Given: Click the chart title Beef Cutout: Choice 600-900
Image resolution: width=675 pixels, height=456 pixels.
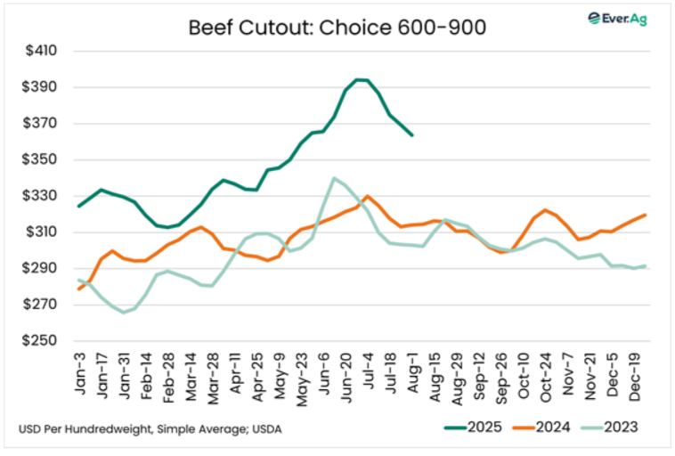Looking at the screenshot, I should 337,27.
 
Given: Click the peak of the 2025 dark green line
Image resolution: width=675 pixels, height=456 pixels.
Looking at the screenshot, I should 357,79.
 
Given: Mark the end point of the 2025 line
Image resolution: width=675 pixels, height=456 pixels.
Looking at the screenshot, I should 412,135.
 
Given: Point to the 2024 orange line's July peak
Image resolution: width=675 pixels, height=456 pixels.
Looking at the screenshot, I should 367,196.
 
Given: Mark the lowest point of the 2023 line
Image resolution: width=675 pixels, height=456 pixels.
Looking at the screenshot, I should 124,312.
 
